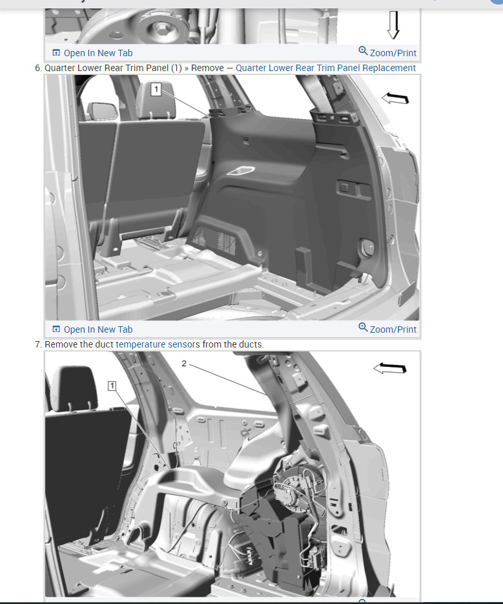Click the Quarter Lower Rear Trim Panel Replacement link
[x=325, y=68]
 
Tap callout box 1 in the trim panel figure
[x=156, y=90]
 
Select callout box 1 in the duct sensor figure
[x=112, y=386]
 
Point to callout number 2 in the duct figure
[x=184, y=364]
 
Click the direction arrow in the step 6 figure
[x=395, y=98]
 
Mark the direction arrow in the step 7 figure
[x=389, y=368]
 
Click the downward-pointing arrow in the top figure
[x=393, y=25]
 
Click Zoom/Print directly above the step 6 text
[x=387, y=52]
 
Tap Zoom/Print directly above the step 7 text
[x=387, y=329]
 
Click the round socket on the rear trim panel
[x=367, y=247]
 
